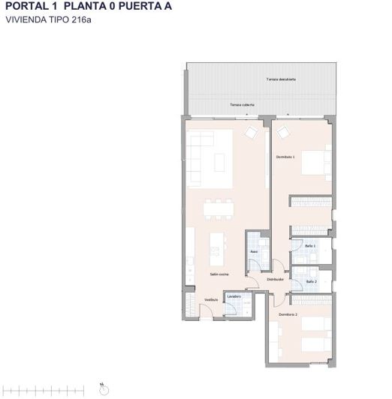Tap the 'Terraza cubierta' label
[242, 105]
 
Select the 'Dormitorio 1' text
[285, 157]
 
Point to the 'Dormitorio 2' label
[288, 314]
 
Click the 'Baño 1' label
[310, 246]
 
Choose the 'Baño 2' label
[311, 282]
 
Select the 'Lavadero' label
[234, 297]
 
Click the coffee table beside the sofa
[220, 162]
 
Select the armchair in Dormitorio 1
[283, 133]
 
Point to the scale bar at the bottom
[45, 388]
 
